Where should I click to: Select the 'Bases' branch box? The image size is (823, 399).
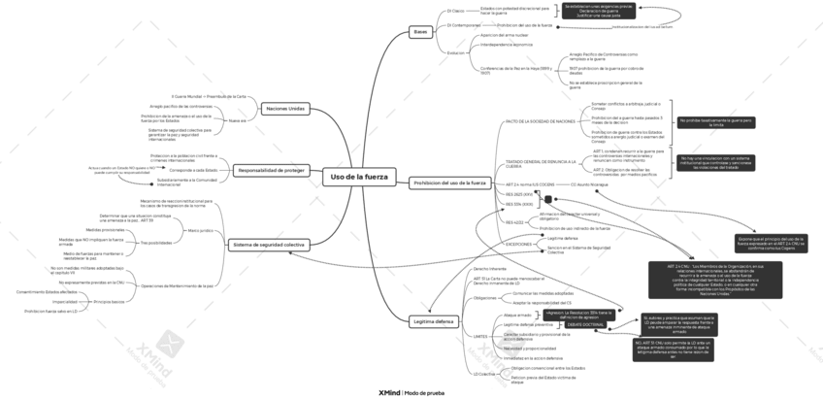tap(420, 32)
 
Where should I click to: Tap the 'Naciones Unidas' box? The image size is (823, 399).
tap(284, 109)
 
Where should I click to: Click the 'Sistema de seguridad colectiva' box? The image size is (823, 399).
tap(268, 245)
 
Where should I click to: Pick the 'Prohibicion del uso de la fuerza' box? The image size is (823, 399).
tap(449, 183)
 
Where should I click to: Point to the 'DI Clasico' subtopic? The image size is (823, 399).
tap(456, 11)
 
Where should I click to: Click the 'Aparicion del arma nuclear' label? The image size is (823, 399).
tap(504, 34)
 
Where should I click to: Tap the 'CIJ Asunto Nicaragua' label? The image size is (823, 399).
tap(590, 183)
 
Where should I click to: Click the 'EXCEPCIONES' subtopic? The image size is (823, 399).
tap(519, 245)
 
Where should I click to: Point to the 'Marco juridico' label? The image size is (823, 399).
tap(200, 230)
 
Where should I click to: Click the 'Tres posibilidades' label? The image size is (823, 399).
tap(156, 242)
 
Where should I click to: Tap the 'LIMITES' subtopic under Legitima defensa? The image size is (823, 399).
tap(481, 335)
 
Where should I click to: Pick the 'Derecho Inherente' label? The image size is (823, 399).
tap(490, 267)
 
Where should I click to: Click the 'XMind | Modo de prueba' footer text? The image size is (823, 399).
tap(411, 392)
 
